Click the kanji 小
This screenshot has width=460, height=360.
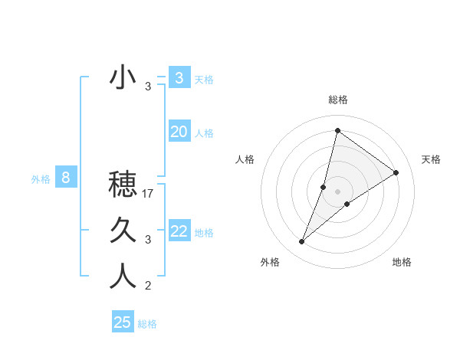point(123,78)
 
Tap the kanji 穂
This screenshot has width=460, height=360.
point(123,184)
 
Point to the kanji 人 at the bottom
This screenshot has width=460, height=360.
point(123,276)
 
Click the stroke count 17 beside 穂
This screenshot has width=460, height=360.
point(149,194)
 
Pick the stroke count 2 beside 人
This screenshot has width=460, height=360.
point(148,286)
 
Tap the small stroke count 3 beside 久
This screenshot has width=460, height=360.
point(148,240)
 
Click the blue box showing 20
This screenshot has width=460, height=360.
point(179,132)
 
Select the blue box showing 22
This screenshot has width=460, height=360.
point(179,231)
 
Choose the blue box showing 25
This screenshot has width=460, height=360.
point(123,322)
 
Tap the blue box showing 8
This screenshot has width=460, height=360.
point(66,178)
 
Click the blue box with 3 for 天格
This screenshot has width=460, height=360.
point(179,77)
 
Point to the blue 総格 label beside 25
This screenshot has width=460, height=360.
point(147,324)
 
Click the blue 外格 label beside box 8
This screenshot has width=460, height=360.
point(41,180)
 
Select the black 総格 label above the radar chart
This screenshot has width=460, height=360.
point(337,100)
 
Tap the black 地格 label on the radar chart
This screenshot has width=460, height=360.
point(402,263)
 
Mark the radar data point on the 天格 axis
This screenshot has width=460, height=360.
point(396,172)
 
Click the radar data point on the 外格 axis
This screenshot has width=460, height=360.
point(302,242)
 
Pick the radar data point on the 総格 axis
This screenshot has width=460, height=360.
point(337,131)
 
